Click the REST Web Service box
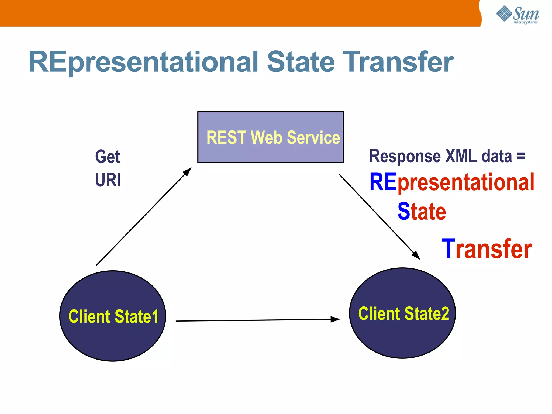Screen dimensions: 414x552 tap(270, 137)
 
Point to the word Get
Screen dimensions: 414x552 tap(107, 157)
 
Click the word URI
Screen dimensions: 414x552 tap(108, 180)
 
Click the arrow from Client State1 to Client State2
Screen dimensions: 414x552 tap(256, 320)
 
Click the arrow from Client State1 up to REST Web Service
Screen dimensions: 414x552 tap(143, 217)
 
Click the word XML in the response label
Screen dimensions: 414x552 tap(461, 156)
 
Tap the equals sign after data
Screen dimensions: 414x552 tap(521, 156)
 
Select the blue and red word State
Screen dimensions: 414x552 tap(422, 212)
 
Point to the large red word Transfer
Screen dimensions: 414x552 tap(487, 249)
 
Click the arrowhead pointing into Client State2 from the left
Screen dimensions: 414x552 tap(336, 319)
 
